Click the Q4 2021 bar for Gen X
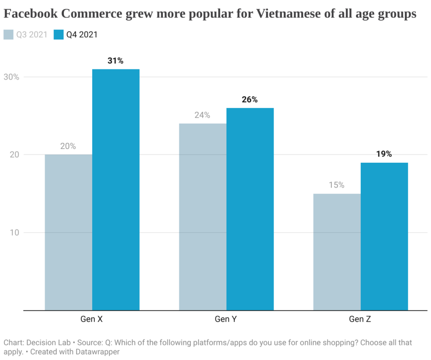click(x=116, y=189)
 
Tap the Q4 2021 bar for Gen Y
click(x=250, y=209)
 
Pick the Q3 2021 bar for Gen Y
click(x=202, y=217)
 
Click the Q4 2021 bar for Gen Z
click(x=384, y=236)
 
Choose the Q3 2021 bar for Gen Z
click(x=337, y=251)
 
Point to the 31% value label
click(x=115, y=61)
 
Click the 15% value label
click(x=336, y=185)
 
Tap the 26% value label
click(x=250, y=100)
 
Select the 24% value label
click(x=202, y=115)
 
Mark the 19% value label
click(x=384, y=154)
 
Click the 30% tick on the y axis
click(x=11, y=77)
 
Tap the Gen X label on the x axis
click(x=92, y=319)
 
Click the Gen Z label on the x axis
click(x=360, y=319)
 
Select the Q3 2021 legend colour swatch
click(x=8, y=34)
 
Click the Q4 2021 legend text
click(x=82, y=34)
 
